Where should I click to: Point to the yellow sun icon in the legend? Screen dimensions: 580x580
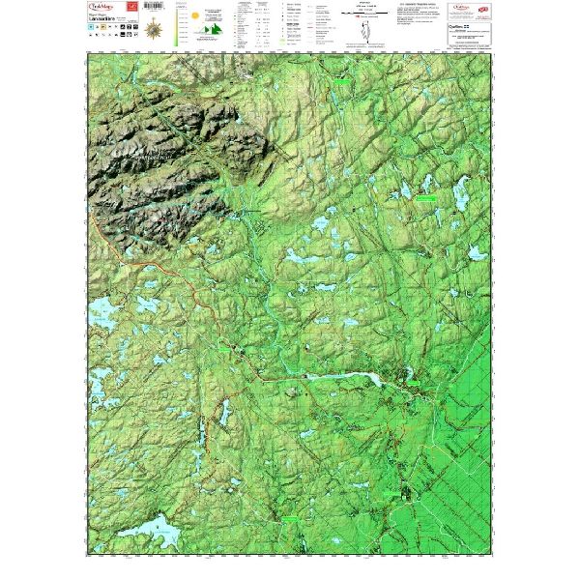[194, 16]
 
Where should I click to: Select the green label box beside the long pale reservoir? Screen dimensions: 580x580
[413, 384]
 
